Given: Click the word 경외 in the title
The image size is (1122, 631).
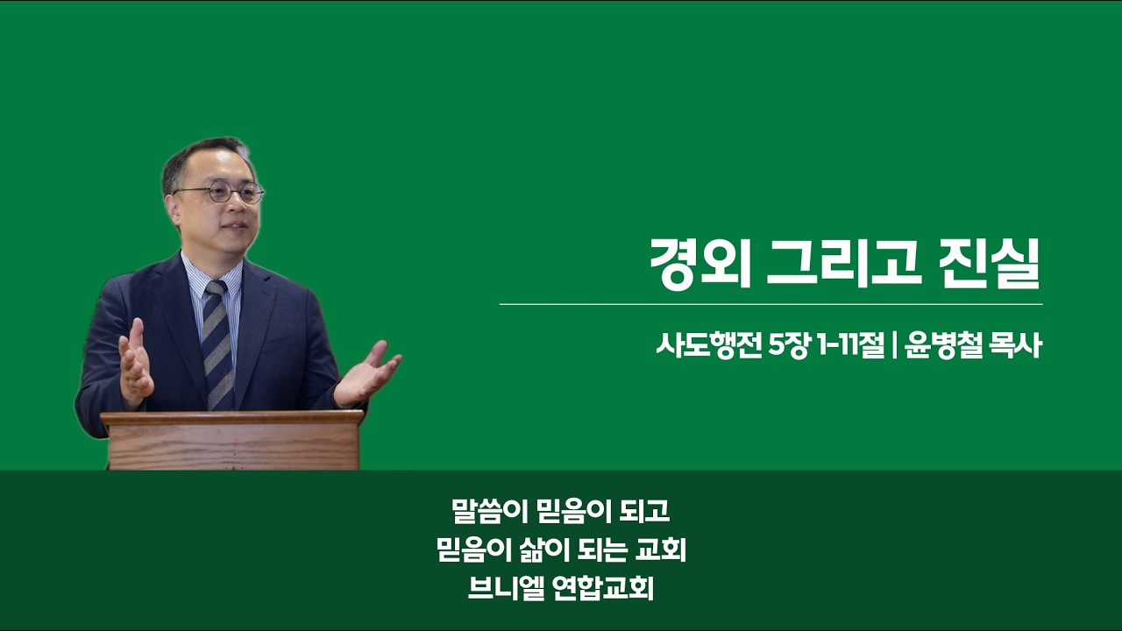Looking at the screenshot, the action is (700, 264).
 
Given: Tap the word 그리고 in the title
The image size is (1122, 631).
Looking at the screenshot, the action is (844, 264).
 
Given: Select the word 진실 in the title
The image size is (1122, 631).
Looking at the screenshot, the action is (991, 264).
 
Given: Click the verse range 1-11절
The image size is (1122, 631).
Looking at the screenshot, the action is (851, 346).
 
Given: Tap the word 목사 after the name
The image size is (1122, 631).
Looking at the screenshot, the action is (1016, 346).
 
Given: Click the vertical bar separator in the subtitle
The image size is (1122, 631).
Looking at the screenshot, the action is (894, 346).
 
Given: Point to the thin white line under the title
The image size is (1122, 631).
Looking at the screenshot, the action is (770, 304).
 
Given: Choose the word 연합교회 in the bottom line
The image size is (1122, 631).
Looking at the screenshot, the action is (604, 588).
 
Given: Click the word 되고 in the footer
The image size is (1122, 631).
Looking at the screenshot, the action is (644, 511).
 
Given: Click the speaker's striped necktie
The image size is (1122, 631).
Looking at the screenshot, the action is (218, 345).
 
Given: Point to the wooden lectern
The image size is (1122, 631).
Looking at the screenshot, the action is (233, 440).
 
